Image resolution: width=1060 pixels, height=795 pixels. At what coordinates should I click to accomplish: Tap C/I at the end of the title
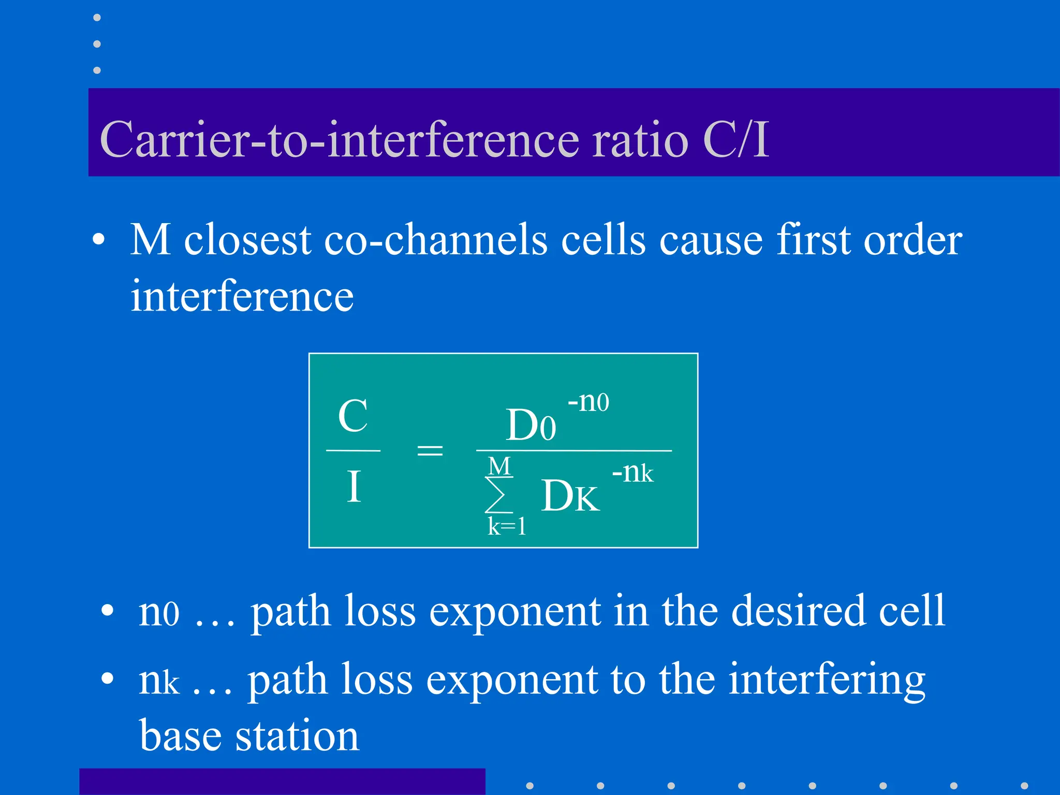click(735, 139)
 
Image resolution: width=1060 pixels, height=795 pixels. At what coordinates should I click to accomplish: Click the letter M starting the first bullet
click(150, 240)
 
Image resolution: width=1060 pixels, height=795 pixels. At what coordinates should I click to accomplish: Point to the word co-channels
click(436, 240)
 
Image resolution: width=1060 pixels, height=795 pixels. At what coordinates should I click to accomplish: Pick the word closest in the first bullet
click(248, 240)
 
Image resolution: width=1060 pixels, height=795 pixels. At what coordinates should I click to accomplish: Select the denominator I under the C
click(354, 487)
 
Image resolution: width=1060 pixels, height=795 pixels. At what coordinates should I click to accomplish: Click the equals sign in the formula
click(430, 450)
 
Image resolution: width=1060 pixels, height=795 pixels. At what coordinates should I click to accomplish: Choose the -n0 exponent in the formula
click(588, 402)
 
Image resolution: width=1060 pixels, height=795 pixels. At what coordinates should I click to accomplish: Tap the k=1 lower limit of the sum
click(507, 527)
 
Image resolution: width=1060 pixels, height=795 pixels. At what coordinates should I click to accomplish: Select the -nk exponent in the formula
click(632, 473)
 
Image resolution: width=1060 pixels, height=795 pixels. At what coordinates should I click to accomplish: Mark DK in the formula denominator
click(570, 496)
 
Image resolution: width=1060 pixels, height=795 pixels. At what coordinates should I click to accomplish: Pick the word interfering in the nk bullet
click(827, 680)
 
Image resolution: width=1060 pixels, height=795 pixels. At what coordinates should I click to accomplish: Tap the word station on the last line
click(297, 735)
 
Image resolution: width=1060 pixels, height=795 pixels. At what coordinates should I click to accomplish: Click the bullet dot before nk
click(107, 678)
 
